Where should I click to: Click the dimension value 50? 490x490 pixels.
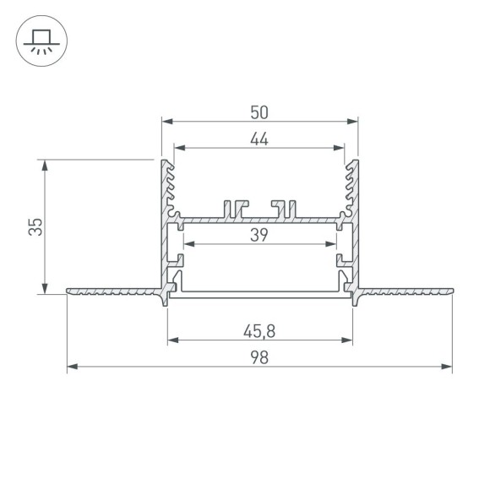(259, 112)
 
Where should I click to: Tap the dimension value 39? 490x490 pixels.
(259, 236)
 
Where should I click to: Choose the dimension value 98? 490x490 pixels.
(259, 357)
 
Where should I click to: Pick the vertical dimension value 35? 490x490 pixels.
(35, 226)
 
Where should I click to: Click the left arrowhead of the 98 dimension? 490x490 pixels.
(71, 367)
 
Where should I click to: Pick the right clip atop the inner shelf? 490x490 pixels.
(285, 206)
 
